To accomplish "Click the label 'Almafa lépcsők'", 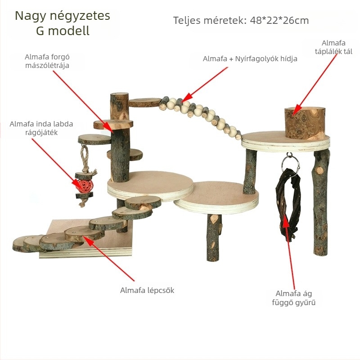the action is pos(147,290).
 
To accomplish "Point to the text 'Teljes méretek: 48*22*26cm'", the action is pos(241,20).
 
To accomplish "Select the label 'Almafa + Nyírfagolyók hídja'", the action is pos(250,59).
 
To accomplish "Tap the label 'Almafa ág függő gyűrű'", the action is pos(294,298).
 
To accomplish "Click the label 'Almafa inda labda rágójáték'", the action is pos(41,128).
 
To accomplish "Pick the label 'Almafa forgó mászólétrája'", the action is pos(47,61).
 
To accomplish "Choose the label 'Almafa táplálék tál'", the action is pos(333,47).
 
